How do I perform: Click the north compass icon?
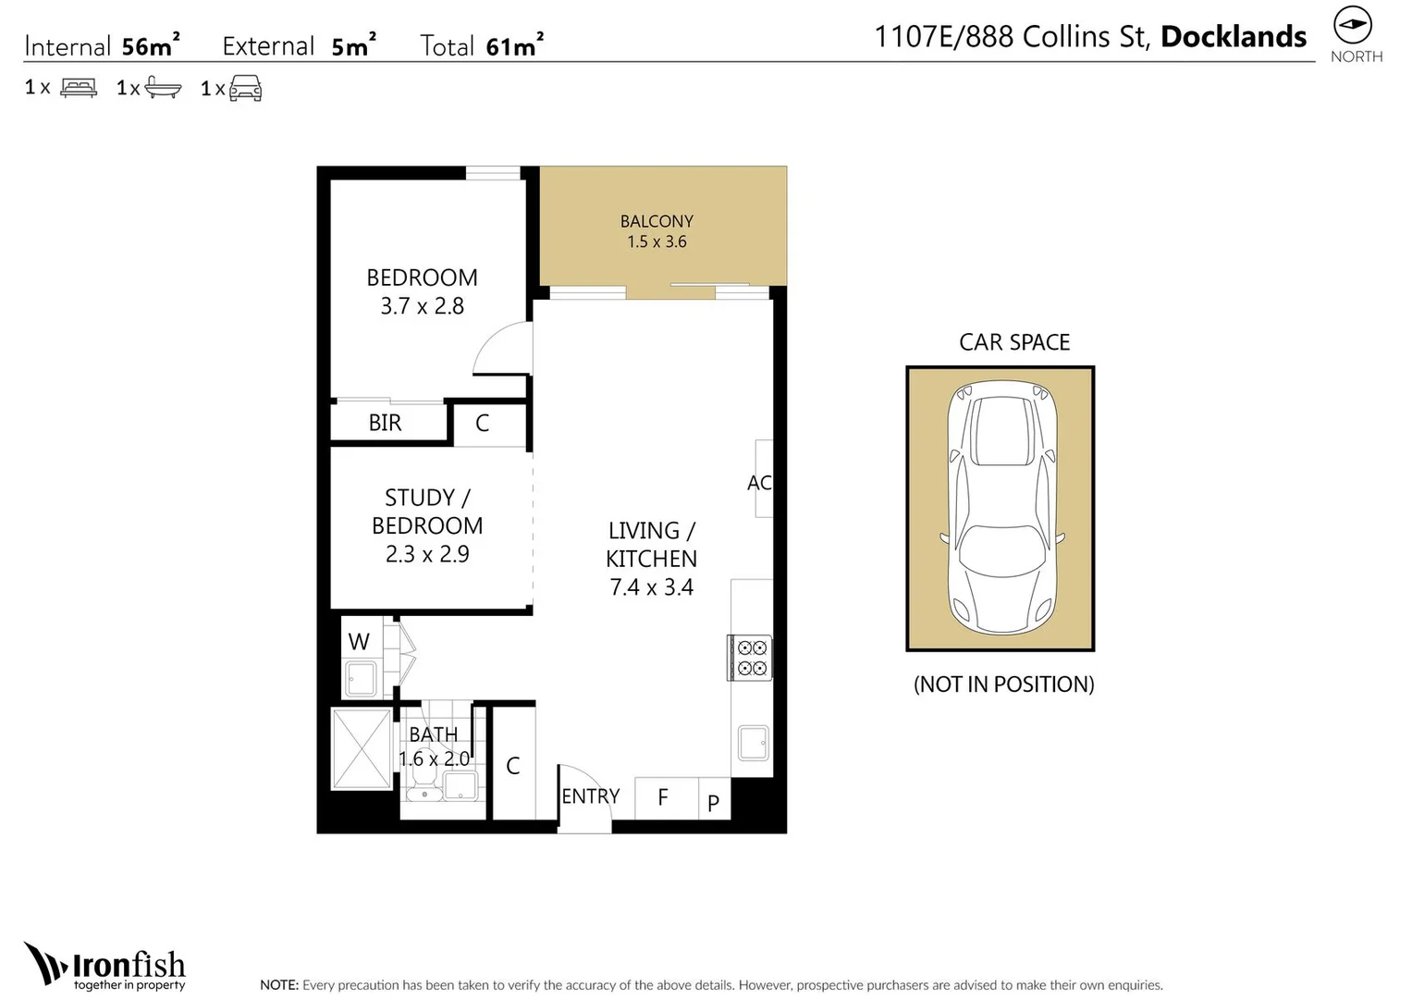[1352, 25]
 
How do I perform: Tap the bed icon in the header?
[79, 88]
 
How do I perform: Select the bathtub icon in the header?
[163, 88]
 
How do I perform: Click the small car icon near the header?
[245, 89]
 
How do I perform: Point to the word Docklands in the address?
[1233, 37]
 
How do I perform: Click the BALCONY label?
[657, 221]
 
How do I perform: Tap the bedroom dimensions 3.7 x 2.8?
[422, 306]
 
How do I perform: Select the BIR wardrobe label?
[385, 423]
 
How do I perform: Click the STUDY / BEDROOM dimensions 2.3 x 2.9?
[427, 554]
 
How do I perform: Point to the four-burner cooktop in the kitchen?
[751, 658]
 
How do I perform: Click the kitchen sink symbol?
[754, 743]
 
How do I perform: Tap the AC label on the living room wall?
[758, 483]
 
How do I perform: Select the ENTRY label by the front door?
[590, 796]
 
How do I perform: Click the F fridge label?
[663, 797]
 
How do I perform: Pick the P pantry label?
[713, 803]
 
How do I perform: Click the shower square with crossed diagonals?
[362, 749]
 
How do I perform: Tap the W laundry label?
[359, 641]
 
